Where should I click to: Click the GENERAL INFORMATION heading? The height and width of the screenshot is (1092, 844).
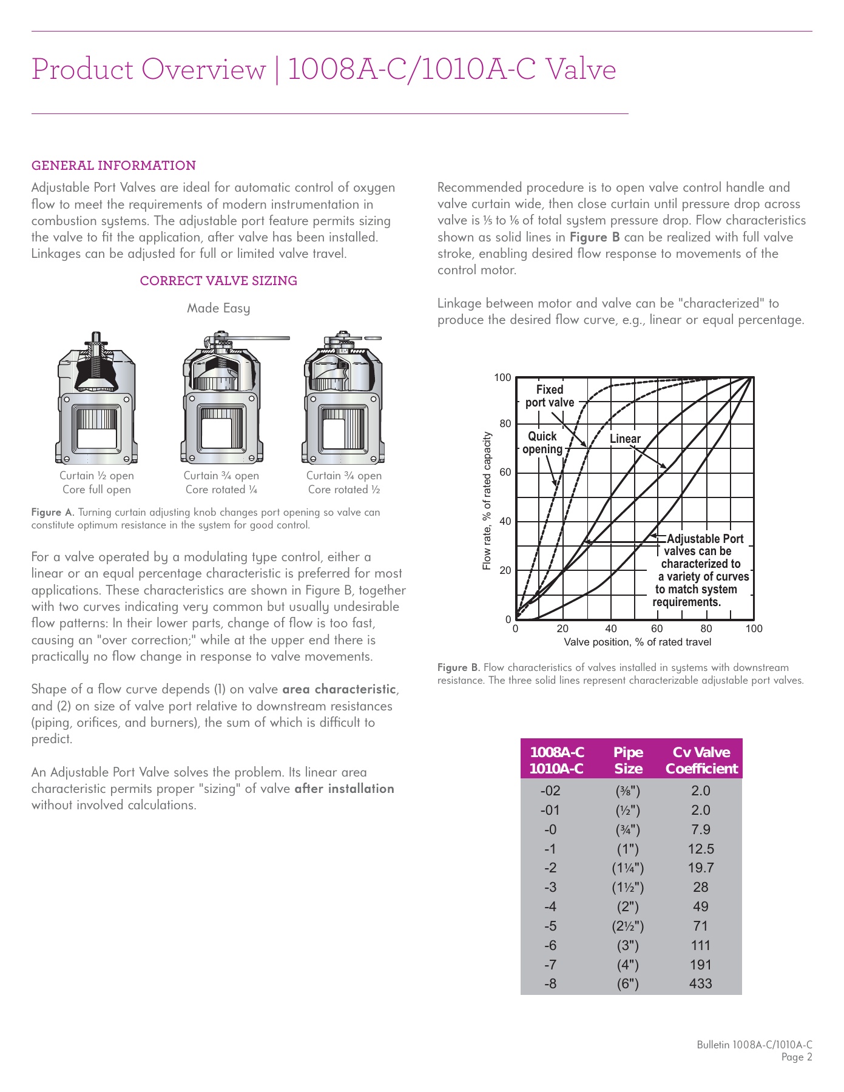click(x=113, y=166)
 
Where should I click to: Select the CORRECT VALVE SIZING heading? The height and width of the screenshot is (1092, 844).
click(x=218, y=281)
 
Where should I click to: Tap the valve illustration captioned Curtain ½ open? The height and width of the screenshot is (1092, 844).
click(x=96, y=398)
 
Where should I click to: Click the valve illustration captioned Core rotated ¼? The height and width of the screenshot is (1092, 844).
click(x=221, y=398)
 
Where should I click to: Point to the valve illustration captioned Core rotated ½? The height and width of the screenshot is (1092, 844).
click(x=343, y=398)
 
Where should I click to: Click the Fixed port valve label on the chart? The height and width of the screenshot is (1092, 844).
click(x=549, y=396)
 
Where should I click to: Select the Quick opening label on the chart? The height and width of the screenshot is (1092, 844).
click(x=542, y=443)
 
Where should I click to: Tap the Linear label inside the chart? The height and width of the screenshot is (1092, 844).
click(x=625, y=439)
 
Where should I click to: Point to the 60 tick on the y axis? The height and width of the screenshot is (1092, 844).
click(x=505, y=473)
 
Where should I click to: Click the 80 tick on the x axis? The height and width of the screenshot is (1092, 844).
click(x=706, y=629)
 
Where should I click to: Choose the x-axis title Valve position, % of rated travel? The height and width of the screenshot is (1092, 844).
click(x=637, y=642)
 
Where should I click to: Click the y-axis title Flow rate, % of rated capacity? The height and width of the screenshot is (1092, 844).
click(x=487, y=501)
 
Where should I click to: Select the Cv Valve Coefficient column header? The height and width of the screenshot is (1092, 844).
click(x=701, y=760)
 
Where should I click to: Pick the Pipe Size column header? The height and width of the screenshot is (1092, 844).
click(x=628, y=760)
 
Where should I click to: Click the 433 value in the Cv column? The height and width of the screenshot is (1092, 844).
click(x=700, y=984)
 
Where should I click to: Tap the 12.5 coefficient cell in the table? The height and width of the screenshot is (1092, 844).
click(x=700, y=849)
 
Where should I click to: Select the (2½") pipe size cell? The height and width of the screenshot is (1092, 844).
click(x=627, y=926)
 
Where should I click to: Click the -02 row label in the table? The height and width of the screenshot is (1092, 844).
click(x=550, y=791)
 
